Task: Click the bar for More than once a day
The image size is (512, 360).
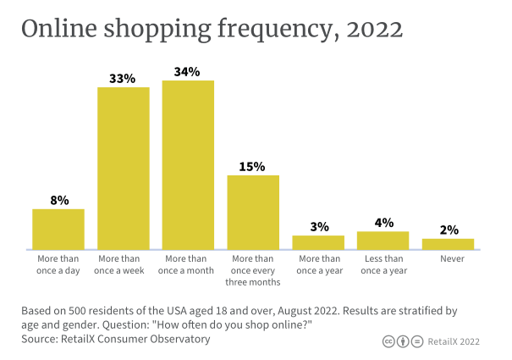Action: pos(58,230)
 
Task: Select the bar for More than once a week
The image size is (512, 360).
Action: pos(124,169)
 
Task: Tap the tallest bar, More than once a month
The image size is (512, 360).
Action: pos(188,165)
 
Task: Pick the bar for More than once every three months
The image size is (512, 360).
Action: pos(253,213)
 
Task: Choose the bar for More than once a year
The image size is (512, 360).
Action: pos(318,242)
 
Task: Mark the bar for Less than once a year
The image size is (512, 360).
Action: pos(383,241)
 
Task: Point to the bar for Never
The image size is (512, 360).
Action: pos(448,244)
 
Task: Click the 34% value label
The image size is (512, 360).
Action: pos(188,72)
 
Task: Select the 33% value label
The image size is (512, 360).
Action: pos(124,79)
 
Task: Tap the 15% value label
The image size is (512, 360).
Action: pos(253,166)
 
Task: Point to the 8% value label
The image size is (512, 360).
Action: pos(58,201)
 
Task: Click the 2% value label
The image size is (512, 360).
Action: pos(448,230)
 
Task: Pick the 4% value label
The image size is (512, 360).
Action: pos(383,223)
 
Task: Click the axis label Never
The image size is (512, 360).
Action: pos(448,258)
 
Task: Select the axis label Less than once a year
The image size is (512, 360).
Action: pos(383,264)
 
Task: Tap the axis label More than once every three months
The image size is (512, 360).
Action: pos(253,270)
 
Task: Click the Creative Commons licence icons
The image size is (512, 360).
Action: pos(400,341)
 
